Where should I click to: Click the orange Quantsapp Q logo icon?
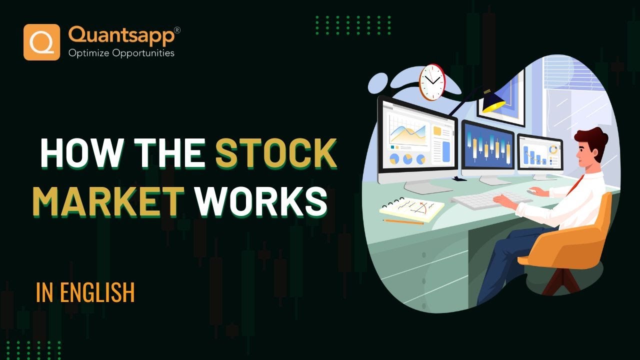[x=41, y=42]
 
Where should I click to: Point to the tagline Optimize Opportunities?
[x=121, y=52]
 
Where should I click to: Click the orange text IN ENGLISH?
[x=85, y=292]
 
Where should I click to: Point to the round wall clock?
[x=431, y=81]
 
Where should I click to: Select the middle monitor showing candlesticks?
[x=487, y=147]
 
